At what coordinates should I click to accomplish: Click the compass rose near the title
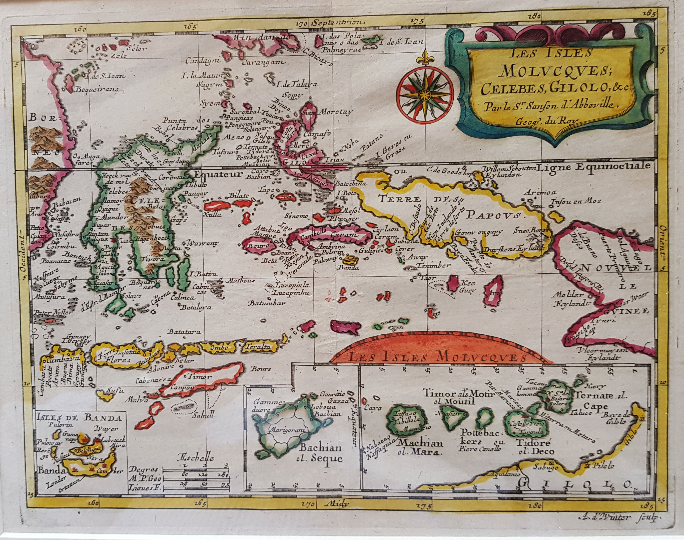coord(424,94)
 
